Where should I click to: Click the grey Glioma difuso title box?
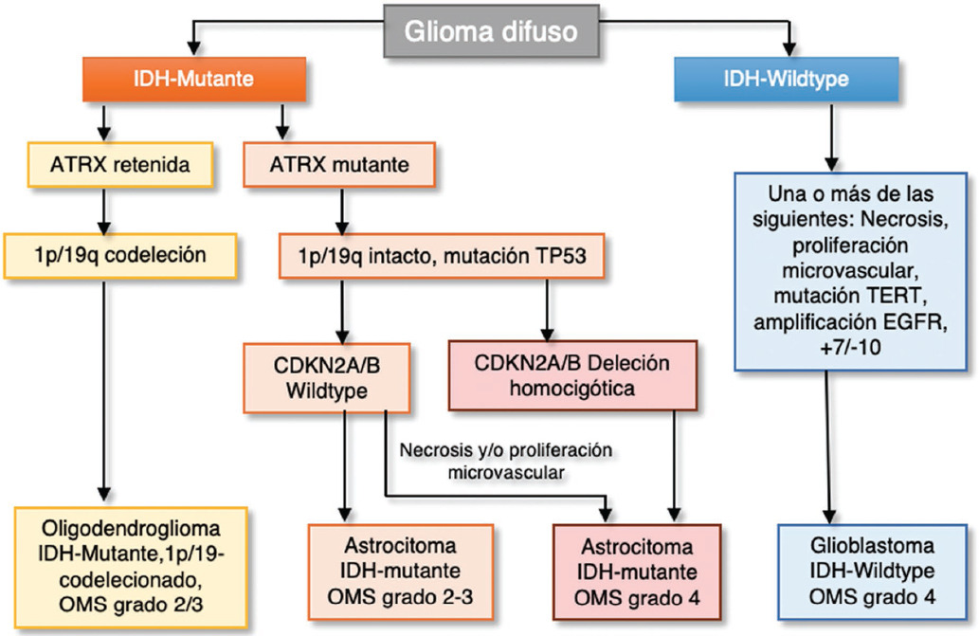pyautogui.click(x=491, y=31)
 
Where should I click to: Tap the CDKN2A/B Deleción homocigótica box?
pyautogui.click(x=571, y=375)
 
